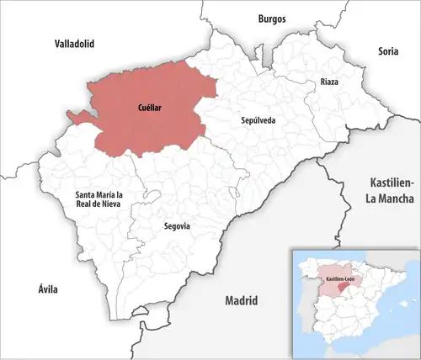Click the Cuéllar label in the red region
(152, 108)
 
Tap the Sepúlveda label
(257, 121)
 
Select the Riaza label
(329, 82)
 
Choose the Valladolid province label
(74, 43)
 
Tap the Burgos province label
(272, 18)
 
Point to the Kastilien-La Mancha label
(392, 190)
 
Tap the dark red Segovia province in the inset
(339, 287)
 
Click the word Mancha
(392, 199)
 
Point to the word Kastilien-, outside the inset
(392, 183)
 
